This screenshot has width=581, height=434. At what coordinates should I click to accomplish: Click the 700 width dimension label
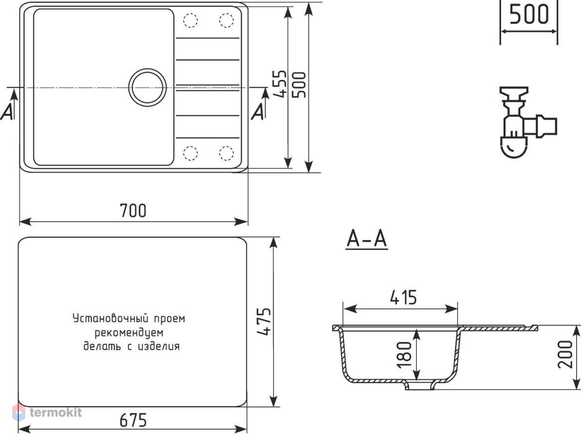coord(133,211)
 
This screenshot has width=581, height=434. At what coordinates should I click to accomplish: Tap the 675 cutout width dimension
coord(133,420)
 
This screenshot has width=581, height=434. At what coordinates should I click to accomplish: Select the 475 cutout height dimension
coord(264,322)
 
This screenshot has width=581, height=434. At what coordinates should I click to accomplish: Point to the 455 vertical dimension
coord(279,84)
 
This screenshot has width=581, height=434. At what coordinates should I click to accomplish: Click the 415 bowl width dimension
coord(403,297)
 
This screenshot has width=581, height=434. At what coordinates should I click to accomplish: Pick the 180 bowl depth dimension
coord(404,356)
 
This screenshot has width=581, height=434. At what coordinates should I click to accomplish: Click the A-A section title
coord(367,239)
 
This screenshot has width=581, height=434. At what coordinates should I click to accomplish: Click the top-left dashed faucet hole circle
coord(190,20)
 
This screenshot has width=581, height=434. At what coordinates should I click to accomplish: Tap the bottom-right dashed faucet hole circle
coord(227,153)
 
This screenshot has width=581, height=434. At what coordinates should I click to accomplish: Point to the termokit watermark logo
coord(47,413)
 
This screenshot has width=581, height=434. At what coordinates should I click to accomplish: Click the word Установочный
coord(110,319)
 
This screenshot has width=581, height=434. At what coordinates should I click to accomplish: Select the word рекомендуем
coord(129,333)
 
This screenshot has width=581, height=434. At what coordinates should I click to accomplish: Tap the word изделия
coord(159,346)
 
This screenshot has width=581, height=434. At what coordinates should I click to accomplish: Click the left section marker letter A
coord(7,111)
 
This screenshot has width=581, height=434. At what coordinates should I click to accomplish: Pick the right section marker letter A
coord(258,111)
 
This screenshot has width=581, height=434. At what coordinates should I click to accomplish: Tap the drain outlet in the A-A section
coord(420,386)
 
